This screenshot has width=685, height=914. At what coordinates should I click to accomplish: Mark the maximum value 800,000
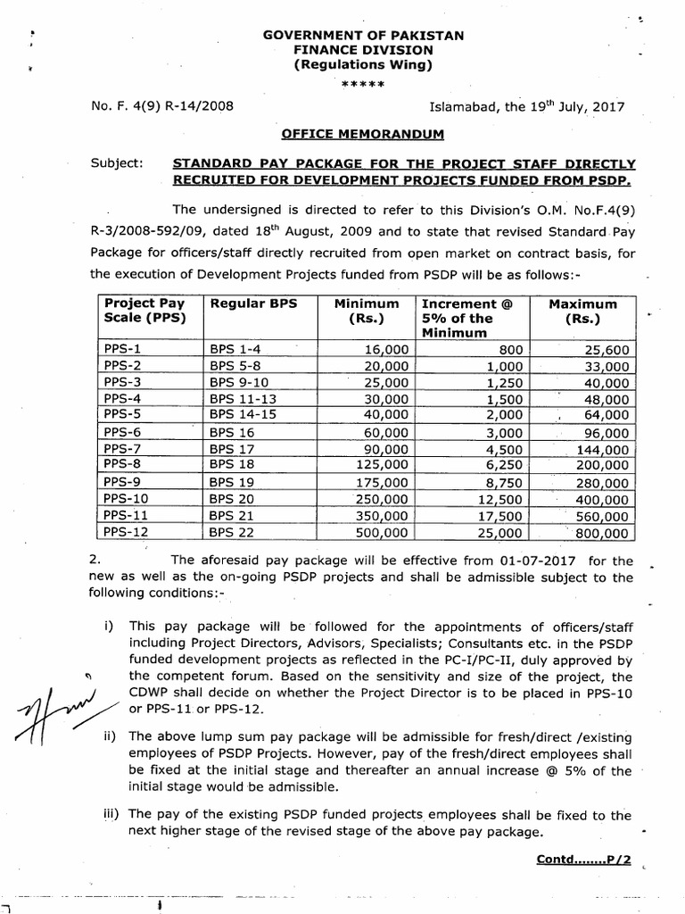coord(601,533)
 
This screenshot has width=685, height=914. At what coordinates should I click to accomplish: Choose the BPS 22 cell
coord(233,533)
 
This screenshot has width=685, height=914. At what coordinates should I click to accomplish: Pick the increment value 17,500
coord(500,516)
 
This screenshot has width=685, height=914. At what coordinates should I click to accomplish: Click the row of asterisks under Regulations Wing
coord(362,84)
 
